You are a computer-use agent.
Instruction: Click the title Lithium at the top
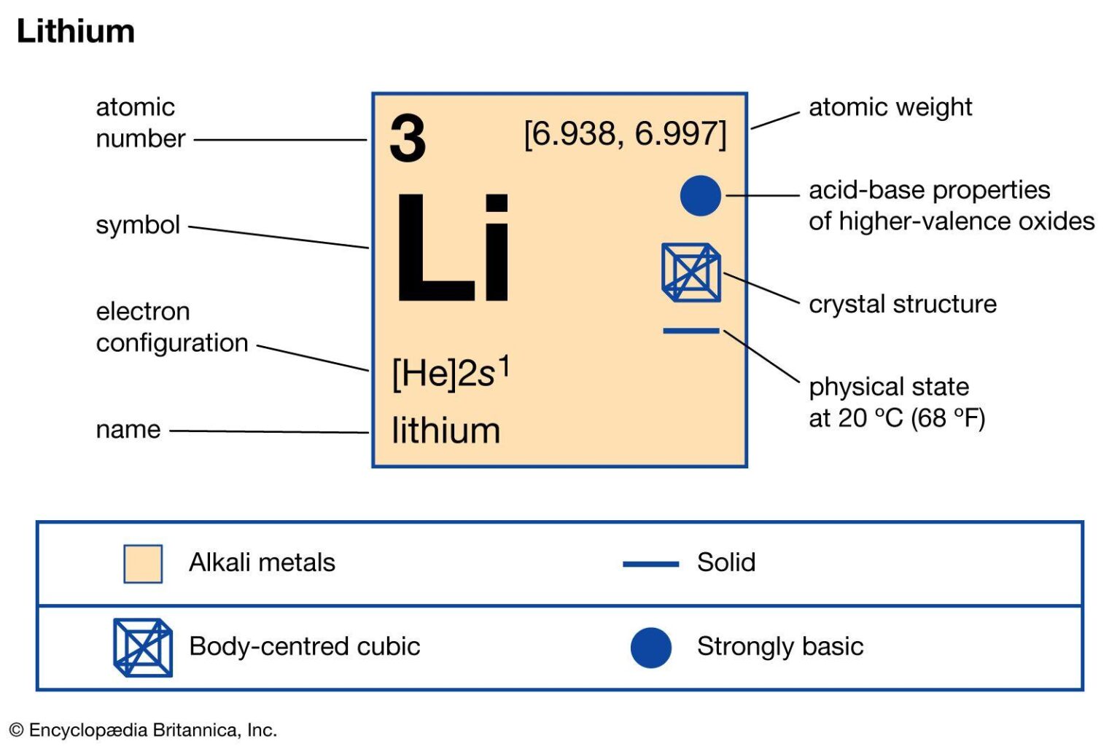click(75, 31)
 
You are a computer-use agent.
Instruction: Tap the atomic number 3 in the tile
click(407, 138)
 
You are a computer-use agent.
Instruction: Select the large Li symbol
click(452, 248)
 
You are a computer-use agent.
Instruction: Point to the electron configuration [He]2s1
click(451, 372)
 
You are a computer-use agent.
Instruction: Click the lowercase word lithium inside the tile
click(446, 431)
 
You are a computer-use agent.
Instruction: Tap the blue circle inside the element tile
click(700, 195)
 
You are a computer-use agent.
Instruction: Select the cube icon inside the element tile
click(691, 272)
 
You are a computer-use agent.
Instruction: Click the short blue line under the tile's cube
click(691, 331)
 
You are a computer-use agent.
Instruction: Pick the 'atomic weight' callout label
click(890, 108)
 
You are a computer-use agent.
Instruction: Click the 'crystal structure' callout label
click(902, 304)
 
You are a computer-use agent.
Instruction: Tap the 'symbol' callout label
click(138, 225)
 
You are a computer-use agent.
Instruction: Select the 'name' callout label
click(128, 430)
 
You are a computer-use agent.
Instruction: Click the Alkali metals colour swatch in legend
click(143, 564)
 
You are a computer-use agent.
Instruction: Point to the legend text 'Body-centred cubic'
click(304, 646)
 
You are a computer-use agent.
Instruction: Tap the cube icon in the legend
click(143, 647)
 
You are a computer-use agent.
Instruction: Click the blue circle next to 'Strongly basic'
click(650, 647)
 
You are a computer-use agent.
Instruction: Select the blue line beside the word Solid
click(650, 564)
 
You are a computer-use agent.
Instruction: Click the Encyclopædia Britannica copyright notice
click(143, 730)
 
